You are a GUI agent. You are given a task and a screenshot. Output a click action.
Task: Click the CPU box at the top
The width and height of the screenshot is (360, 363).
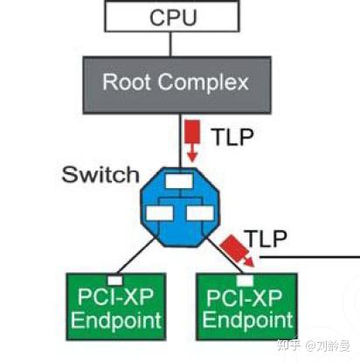[x=172, y=17]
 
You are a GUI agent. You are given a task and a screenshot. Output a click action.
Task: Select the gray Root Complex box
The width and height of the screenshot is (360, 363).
[x=175, y=84]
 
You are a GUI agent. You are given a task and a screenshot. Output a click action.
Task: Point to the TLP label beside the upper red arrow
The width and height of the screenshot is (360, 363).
[x=231, y=136]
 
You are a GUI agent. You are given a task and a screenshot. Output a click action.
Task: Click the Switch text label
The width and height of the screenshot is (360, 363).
[x=100, y=174]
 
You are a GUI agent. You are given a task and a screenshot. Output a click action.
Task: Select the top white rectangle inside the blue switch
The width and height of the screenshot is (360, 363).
[x=182, y=182]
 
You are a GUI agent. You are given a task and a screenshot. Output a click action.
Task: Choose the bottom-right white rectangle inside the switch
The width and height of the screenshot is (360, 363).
[x=198, y=213]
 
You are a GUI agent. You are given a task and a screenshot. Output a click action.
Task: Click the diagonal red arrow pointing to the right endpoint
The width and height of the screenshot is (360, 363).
[x=239, y=248]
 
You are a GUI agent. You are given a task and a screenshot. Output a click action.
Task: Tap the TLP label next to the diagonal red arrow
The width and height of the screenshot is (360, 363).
[x=266, y=238]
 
